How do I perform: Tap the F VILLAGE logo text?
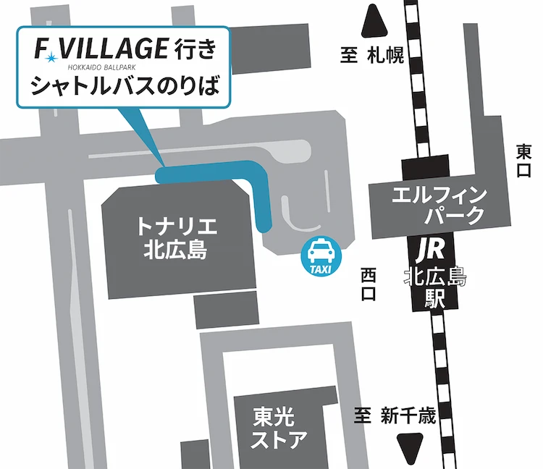coord(102,49)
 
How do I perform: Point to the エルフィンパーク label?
coord(435,205)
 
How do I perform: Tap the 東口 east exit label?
coord(523,161)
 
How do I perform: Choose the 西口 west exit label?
coord(369,284)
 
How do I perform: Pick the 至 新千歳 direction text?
coord(395,416)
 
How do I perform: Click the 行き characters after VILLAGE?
coord(195,48)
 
